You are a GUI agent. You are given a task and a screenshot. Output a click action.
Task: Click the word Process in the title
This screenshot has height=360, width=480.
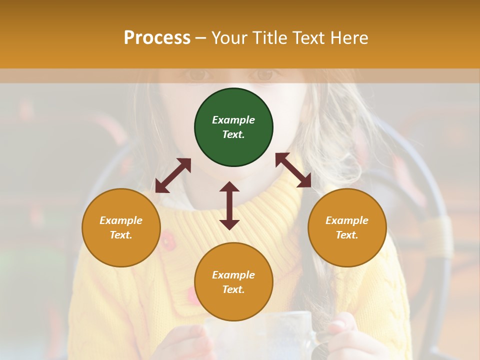coord(157,38)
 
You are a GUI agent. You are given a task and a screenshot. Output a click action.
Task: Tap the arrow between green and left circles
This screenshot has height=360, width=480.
coord(173,175)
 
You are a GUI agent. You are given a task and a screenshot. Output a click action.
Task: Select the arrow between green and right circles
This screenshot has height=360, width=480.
coord(293,170)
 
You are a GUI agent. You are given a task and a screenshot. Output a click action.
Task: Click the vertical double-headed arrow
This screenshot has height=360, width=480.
coord(229,205)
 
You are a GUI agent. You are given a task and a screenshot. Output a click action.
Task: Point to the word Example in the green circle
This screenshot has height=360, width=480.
coord(233,120)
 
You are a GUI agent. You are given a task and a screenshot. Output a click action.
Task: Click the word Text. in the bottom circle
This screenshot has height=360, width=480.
coord(233,289)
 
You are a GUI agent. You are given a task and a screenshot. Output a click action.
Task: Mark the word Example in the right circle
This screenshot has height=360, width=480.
coord(347,220)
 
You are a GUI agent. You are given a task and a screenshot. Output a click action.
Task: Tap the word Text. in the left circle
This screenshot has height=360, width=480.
coord(121,235)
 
